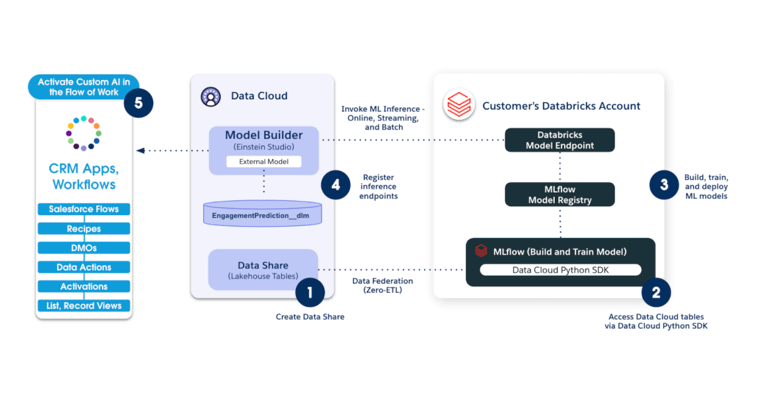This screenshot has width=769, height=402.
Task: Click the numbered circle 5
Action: (138, 102)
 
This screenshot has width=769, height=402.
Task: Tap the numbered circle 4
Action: (336, 186)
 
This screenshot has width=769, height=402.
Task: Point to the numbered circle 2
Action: (656, 293)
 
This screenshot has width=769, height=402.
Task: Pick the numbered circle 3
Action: (664, 186)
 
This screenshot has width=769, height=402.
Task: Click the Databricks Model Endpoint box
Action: (559, 140)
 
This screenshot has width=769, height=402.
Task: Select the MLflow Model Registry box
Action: (559, 195)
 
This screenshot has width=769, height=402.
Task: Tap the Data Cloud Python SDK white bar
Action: (561, 270)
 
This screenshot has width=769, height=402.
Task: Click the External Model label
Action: (263, 161)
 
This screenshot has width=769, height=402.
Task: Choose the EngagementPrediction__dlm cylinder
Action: (263, 213)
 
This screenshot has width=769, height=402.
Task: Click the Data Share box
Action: (263, 270)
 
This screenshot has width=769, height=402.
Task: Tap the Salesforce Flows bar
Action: (84, 209)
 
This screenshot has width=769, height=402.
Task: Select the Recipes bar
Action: (84, 229)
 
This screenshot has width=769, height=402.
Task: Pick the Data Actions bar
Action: (84, 267)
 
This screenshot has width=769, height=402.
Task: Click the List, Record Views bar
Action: (84, 305)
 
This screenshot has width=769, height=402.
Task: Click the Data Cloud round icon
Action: (210, 96)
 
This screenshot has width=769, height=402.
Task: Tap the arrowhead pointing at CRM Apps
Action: (140, 151)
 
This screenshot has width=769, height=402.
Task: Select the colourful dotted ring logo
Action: (83, 133)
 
